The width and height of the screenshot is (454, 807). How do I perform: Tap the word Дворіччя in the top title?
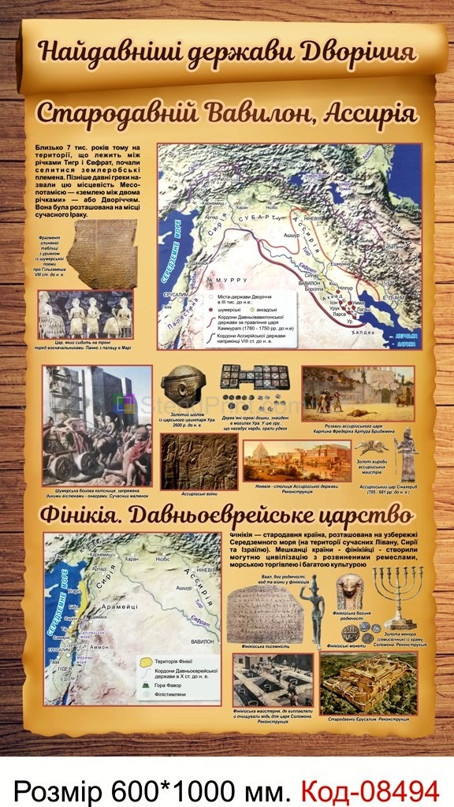point(367,52)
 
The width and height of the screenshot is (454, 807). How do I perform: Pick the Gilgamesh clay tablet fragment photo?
point(101,253)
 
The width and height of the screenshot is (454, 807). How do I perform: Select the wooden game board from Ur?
point(252,379)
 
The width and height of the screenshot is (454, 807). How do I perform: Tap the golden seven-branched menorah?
point(397,594)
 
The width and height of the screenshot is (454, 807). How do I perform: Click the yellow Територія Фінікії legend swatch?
point(145,663)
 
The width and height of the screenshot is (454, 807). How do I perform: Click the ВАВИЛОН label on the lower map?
point(201,642)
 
